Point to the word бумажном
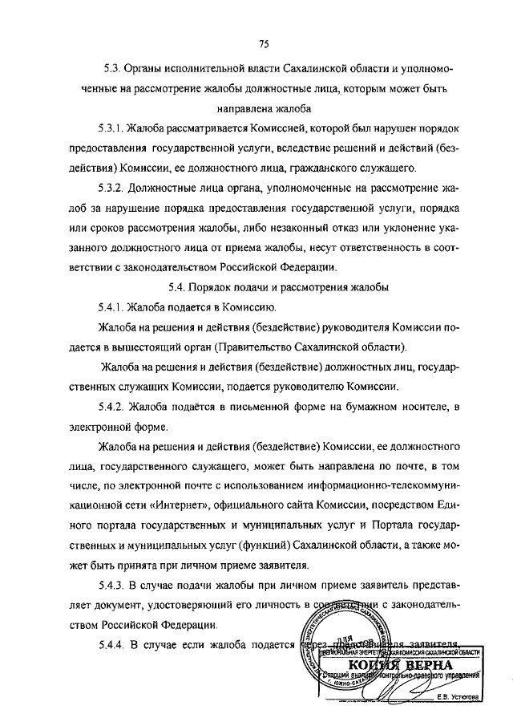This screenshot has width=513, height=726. [366, 408]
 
